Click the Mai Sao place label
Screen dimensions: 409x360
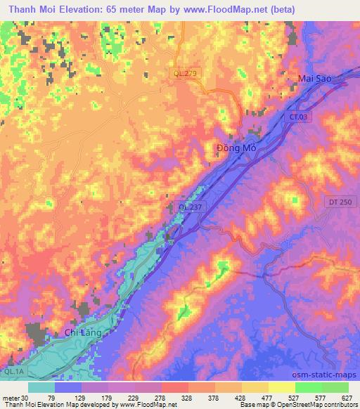click(313, 79)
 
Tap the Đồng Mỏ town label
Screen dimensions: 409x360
click(235, 148)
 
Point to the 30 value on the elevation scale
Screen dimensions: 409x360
click(25, 397)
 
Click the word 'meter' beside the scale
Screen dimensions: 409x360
click(10, 397)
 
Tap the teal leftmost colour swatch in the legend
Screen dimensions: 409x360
click(42, 387)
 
